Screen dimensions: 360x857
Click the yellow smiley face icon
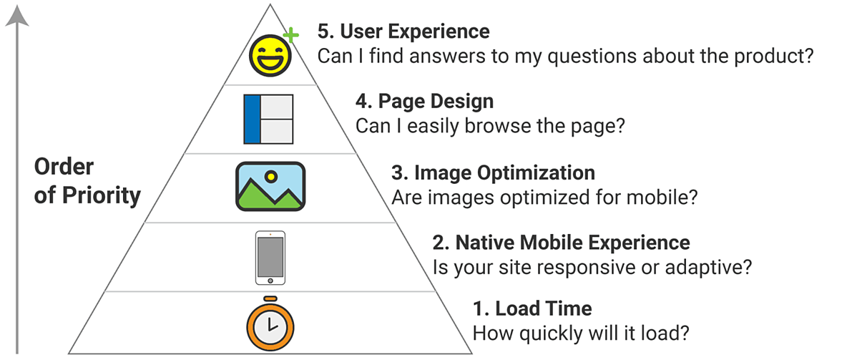pyautogui.click(x=270, y=55)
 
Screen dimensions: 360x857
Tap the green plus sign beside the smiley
pyautogui.click(x=290, y=34)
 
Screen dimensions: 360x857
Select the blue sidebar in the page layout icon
pyautogui.click(x=251, y=119)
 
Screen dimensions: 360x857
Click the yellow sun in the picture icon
pyautogui.click(x=270, y=175)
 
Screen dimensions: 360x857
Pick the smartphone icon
pyautogui.click(x=270, y=258)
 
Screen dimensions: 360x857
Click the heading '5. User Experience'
pyautogui.click(x=403, y=31)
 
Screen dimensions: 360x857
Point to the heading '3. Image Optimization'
pyautogui.click(x=493, y=172)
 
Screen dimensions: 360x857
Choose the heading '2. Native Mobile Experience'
pyautogui.click(x=562, y=242)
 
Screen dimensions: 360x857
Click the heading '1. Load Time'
pyautogui.click(x=532, y=309)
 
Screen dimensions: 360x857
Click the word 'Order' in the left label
pyautogui.click(x=64, y=167)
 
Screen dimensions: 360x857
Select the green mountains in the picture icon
pyautogui.click(x=270, y=197)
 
